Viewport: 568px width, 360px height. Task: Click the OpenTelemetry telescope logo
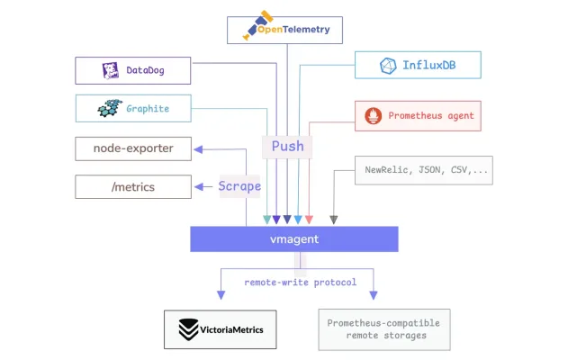click(x=257, y=25)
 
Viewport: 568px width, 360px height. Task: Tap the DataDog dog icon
click(x=111, y=70)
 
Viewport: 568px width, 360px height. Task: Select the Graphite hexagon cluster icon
click(x=110, y=108)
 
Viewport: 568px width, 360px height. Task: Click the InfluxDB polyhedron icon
click(x=388, y=66)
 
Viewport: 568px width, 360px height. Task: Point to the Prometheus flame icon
click(x=373, y=116)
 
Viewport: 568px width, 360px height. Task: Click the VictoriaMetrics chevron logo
click(x=188, y=329)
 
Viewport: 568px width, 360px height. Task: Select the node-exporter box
click(x=133, y=148)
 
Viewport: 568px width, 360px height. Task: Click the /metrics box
click(x=133, y=187)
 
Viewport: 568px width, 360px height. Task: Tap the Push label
click(x=288, y=147)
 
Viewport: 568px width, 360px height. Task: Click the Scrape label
click(x=239, y=186)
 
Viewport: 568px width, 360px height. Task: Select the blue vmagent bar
click(x=294, y=239)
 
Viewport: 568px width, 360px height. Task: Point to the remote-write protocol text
click(x=301, y=282)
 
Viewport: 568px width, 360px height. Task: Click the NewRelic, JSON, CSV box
click(x=424, y=170)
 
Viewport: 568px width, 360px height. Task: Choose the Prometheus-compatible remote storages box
click(x=384, y=329)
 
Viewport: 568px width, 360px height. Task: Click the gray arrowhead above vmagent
click(x=334, y=220)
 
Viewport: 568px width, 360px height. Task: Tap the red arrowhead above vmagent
click(x=309, y=220)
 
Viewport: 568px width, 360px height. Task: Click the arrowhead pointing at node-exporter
click(x=198, y=149)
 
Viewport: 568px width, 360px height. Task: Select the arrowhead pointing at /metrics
click(x=199, y=187)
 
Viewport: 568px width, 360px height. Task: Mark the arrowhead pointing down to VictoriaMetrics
click(x=221, y=295)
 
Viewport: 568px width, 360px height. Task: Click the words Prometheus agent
click(x=431, y=116)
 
